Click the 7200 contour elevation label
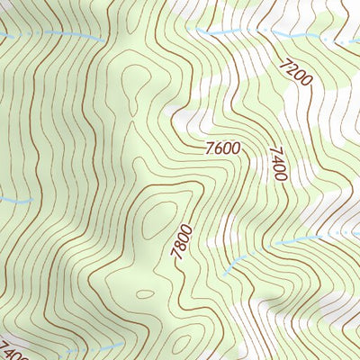(x=296, y=73)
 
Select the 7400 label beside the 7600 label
(x=277, y=164)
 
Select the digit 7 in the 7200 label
(x=286, y=62)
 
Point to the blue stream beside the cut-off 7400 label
(x=72, y=349)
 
